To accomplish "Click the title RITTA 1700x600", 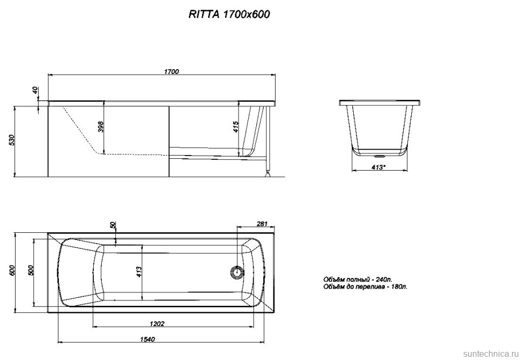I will tap(229, 15).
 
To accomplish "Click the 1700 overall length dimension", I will tap(171, 72).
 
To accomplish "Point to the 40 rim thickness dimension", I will tap(35, 91).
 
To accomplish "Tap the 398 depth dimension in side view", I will tap(100, 127).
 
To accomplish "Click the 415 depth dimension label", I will tap(236, 127).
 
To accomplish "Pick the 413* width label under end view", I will tap(378, 167).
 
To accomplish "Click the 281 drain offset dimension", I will tap(262, 224).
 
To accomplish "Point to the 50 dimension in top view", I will tap(113, 225).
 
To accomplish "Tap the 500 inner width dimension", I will tap(31, 271).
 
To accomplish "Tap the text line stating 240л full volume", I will tap(358, 280).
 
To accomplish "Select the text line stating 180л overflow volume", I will tap(365, 288).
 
